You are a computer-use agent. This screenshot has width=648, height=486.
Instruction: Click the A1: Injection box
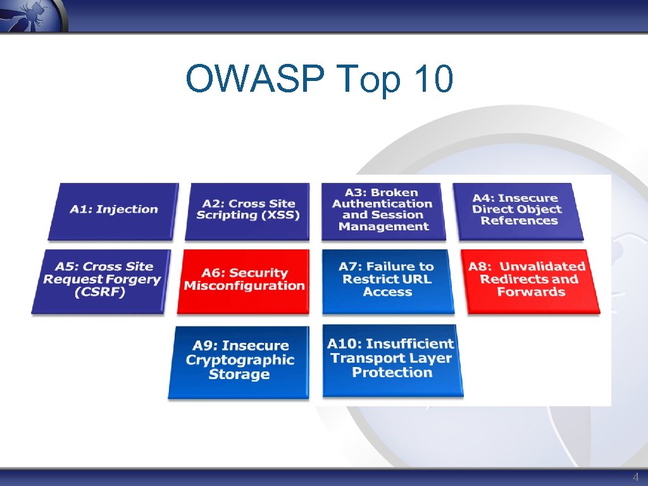click(113, 210)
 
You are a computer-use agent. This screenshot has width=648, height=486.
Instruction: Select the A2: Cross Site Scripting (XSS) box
click(247, 210)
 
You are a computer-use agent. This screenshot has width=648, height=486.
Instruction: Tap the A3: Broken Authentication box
click(383, 210)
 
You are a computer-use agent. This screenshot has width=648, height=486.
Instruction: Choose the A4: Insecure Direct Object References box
click(518, 210)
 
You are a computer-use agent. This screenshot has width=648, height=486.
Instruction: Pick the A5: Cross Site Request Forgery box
click(101, 280)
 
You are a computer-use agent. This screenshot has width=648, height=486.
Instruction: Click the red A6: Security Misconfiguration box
click(244, 280)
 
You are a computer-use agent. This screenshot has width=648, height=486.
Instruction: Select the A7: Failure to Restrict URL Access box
click(387, 280)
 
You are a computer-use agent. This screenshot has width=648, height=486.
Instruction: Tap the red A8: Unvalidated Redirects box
click(532, 280)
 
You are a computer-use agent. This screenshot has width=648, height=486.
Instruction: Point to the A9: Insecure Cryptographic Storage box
click(239, 361)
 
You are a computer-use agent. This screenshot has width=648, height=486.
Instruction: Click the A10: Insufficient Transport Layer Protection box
click(392, 359)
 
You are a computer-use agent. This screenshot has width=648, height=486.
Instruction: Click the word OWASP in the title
click(257, 80)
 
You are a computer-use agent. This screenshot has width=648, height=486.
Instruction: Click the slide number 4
click(635, 477)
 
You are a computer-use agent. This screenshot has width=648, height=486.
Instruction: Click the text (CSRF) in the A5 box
click(101, 293)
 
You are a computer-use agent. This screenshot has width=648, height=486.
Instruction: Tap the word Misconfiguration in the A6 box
click(244, 286)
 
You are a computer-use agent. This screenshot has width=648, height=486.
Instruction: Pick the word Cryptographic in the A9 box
click(240, 360)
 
